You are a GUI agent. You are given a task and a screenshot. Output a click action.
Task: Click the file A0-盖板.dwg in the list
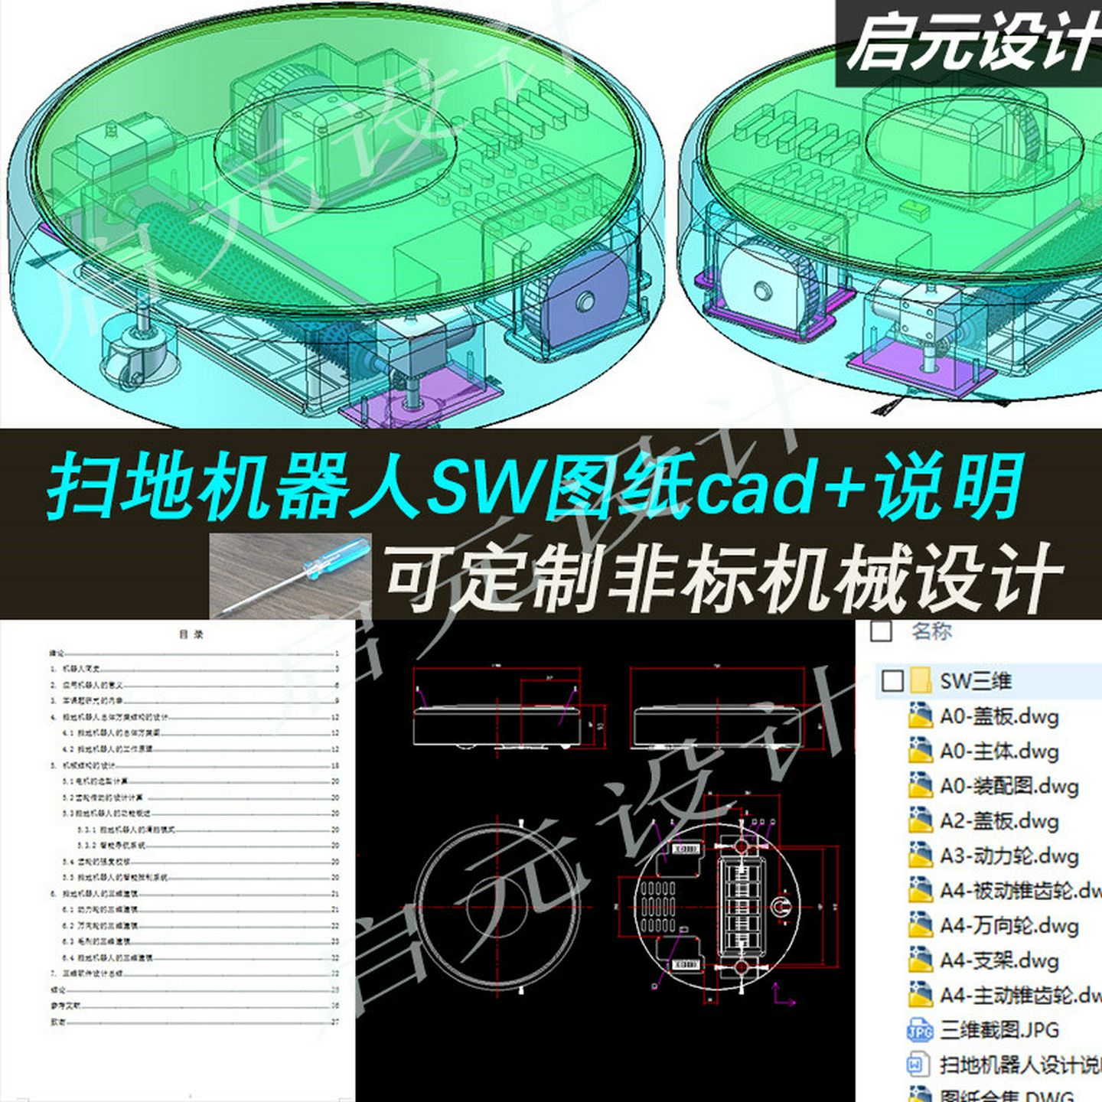998,716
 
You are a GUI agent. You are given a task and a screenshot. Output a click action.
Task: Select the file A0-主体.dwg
998,751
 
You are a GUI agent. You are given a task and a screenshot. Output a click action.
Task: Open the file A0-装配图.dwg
1008,786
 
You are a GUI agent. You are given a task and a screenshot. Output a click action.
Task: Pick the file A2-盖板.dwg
998,821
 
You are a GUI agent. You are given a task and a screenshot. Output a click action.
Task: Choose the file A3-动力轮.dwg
1008,856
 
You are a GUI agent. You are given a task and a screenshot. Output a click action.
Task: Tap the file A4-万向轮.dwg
1008,926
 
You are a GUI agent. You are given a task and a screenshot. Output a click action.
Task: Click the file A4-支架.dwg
998,960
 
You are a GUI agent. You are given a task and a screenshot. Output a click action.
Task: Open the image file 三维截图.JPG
998,1030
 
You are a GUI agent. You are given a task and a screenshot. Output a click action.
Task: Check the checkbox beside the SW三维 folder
892,680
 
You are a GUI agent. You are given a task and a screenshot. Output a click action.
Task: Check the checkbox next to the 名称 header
882,631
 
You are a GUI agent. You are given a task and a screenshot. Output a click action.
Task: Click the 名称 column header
931,631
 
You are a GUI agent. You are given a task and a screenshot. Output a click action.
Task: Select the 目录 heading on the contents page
191,634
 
